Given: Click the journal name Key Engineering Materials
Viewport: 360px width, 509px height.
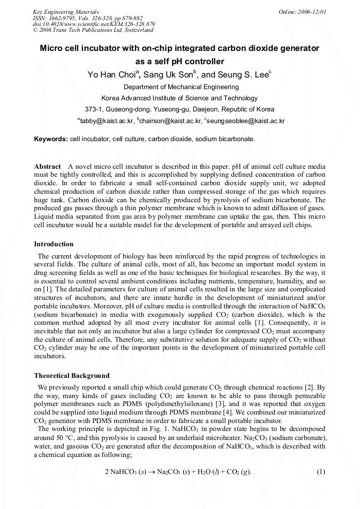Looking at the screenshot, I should (65, 11).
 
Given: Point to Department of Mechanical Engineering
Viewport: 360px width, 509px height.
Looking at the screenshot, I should (181, 87).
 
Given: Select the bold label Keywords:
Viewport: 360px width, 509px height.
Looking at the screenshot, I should (51, 139).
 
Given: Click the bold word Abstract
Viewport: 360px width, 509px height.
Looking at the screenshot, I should (47, 167).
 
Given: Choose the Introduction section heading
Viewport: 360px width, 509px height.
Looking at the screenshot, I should (54, 244).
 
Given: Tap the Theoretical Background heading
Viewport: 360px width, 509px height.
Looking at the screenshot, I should (72, 376).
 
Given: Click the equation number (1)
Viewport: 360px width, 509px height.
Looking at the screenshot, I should (321, 472).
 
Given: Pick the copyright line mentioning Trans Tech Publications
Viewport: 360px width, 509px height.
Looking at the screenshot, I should (85, 30).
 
